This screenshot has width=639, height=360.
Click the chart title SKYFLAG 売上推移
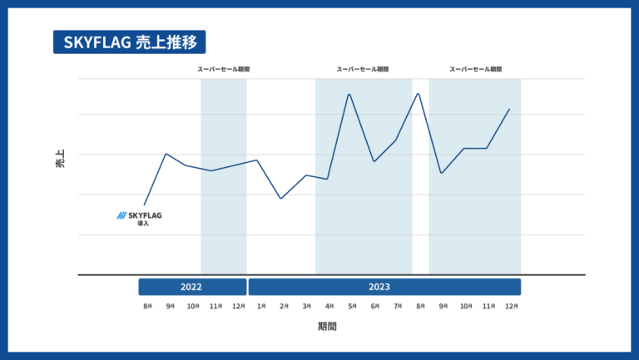pyautogui.click(x=129, y=42)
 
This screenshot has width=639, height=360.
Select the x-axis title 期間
pyautogui.click(x=328, y=327)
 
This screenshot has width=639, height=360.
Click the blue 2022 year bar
pyautogui.click(x=192, y=287)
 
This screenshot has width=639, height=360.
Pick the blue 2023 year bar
pyautogui.click(x=384, y=287)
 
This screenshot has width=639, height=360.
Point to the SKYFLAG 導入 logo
pyautogui.click(x=140, y=218)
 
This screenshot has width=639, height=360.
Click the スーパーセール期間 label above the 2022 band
pyautogui.click(x=223, y=69)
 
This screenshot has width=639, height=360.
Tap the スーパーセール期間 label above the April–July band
pyautogui.click(x=363, y=69)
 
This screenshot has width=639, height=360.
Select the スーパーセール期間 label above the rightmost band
pyautogui.click(x=475, y=69)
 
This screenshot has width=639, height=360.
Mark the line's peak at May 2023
pyautogui.click(x=349, y=94)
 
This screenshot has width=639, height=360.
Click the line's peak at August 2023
pyautogui.click(x=418, y=93)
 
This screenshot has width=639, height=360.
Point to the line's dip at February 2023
pyautogui.click(x=281, y=199)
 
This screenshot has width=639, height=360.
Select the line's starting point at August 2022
pyautogui.click(x=145, y=205)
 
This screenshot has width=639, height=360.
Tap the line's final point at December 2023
pyautogui.click(x=509, y=109)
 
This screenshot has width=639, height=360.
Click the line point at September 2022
pyautogui.click(x=167, y=154)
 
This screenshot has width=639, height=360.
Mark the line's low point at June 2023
pyautogui.click(x=374, y=161)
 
